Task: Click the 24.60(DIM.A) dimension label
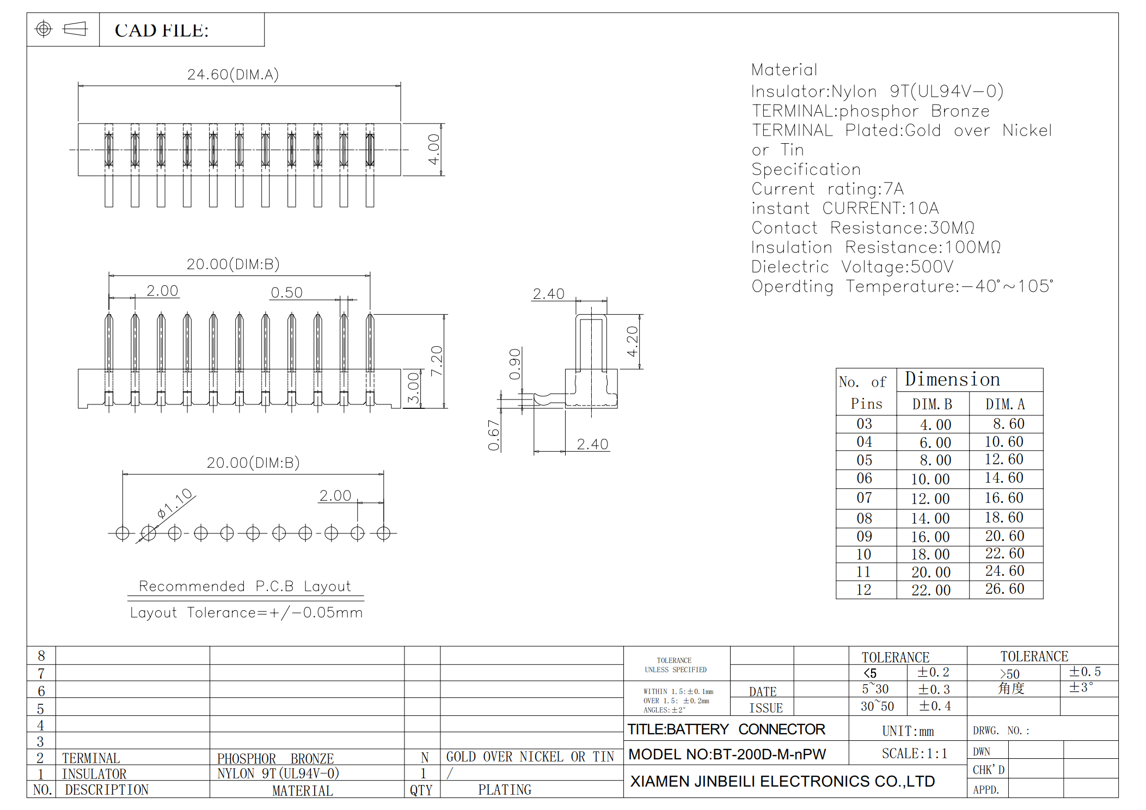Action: [x=233, y=75]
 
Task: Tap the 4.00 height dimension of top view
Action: [x=434, y=149]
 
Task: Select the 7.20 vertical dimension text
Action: [x=437, y=361]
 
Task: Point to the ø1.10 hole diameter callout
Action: [x=175, y=503]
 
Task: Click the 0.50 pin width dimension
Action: [x=287, y=292]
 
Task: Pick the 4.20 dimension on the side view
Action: [x=632, y=341]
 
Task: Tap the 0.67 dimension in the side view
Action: [x=494, y=435]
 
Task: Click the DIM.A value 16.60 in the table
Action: [x=1004, y=498]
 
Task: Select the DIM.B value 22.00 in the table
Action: [x=931, y=590]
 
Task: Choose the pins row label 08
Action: [x=864, y=518]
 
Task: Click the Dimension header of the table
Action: [x=952, y=379]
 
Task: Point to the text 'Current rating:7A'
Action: [x=828, y=189]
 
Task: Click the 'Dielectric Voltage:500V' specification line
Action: [x=853, y=267]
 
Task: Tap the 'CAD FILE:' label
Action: [x=162, y=30]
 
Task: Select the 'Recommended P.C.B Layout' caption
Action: [x=245, y=586]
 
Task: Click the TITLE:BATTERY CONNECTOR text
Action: [x=726, y=729]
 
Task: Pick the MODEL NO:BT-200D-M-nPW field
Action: [x=727, y=754]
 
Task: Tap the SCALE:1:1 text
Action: [x=915, y=753]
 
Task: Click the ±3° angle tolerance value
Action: [x=1081, y=688]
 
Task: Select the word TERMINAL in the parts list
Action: [x=91, y=758]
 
